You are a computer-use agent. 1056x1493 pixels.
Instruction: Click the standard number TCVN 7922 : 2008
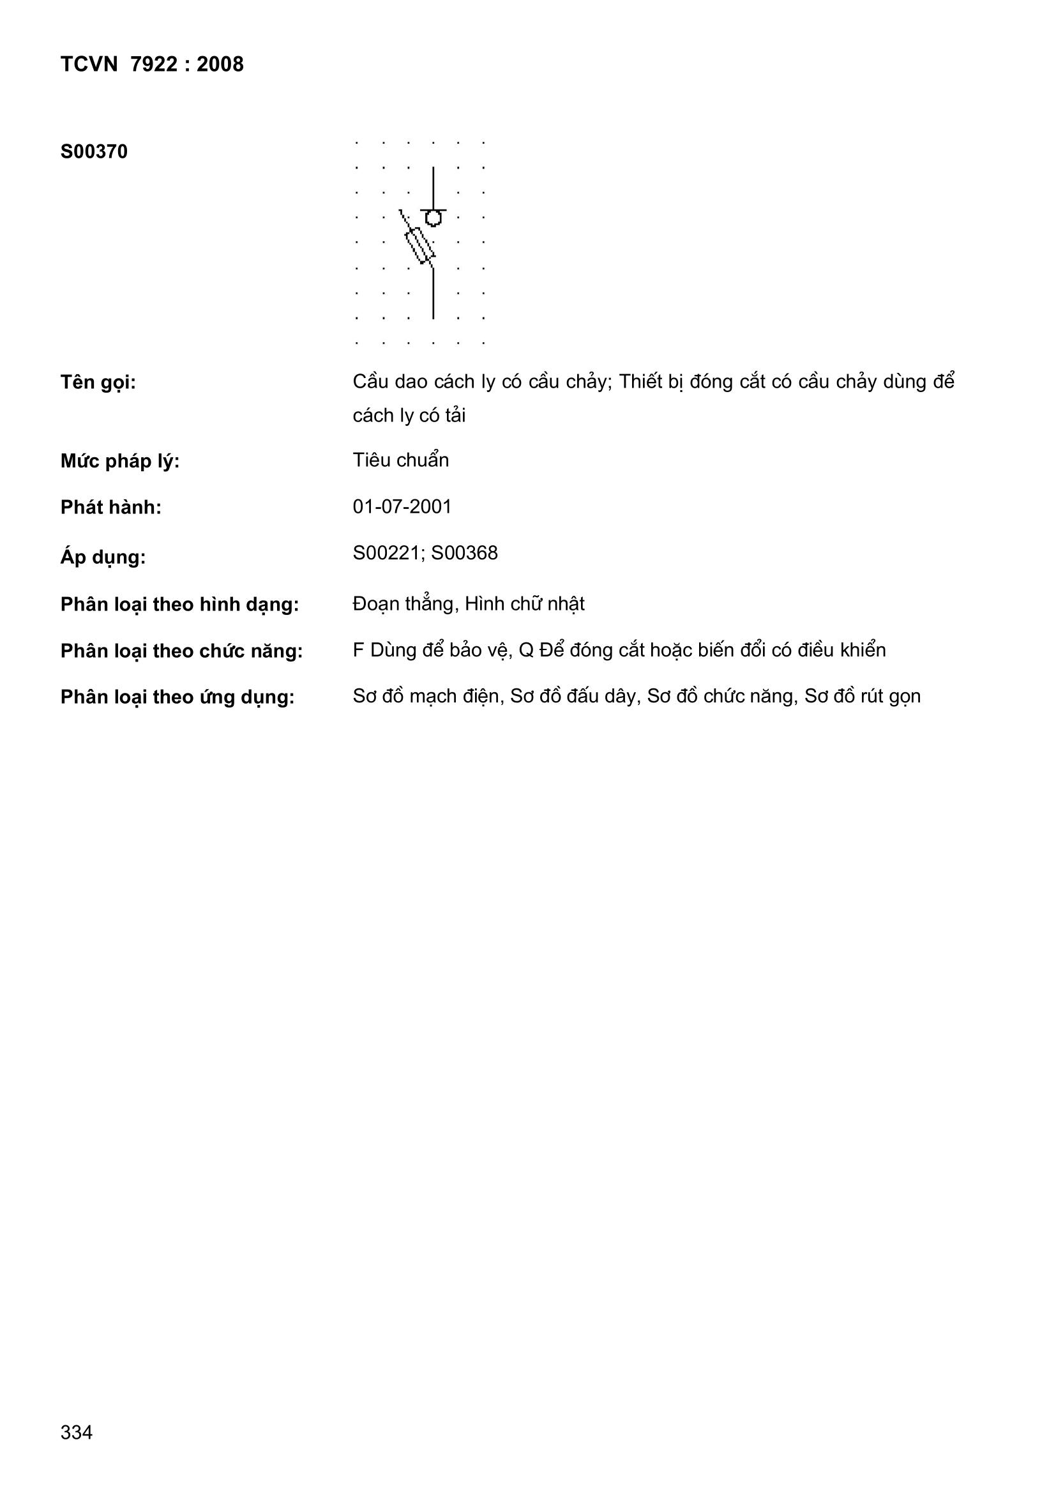[x=151, y=64]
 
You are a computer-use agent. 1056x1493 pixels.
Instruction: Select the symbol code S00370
[x=94, y=152]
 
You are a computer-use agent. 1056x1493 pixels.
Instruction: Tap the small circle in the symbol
[x=433, y=218]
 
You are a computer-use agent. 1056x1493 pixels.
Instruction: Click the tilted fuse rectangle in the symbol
[x=419, y=245]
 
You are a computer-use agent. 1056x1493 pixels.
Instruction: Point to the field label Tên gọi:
[x=98, y=383]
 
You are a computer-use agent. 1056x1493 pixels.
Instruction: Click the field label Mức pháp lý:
[x=119, y=462]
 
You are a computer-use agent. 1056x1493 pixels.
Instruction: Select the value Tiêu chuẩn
[x=400, y=460]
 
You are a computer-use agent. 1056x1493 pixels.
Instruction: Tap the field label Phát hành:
[x=110, y=508]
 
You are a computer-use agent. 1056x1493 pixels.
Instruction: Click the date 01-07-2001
[x=402, y=506]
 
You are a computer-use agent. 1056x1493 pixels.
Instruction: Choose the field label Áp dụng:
[x=103, y=557]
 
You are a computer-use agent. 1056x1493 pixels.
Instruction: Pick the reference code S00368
[x=464, y=553]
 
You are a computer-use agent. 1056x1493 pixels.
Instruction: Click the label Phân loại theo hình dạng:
[x=179, y=605]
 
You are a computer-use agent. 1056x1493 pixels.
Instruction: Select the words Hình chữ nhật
[x=524, y=604]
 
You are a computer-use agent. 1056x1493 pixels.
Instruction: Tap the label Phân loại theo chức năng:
[x=181, y=651]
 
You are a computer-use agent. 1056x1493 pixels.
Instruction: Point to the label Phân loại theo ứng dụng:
[x=177, y=697]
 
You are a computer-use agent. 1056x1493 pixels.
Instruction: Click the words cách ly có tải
[x=409, y=416]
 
